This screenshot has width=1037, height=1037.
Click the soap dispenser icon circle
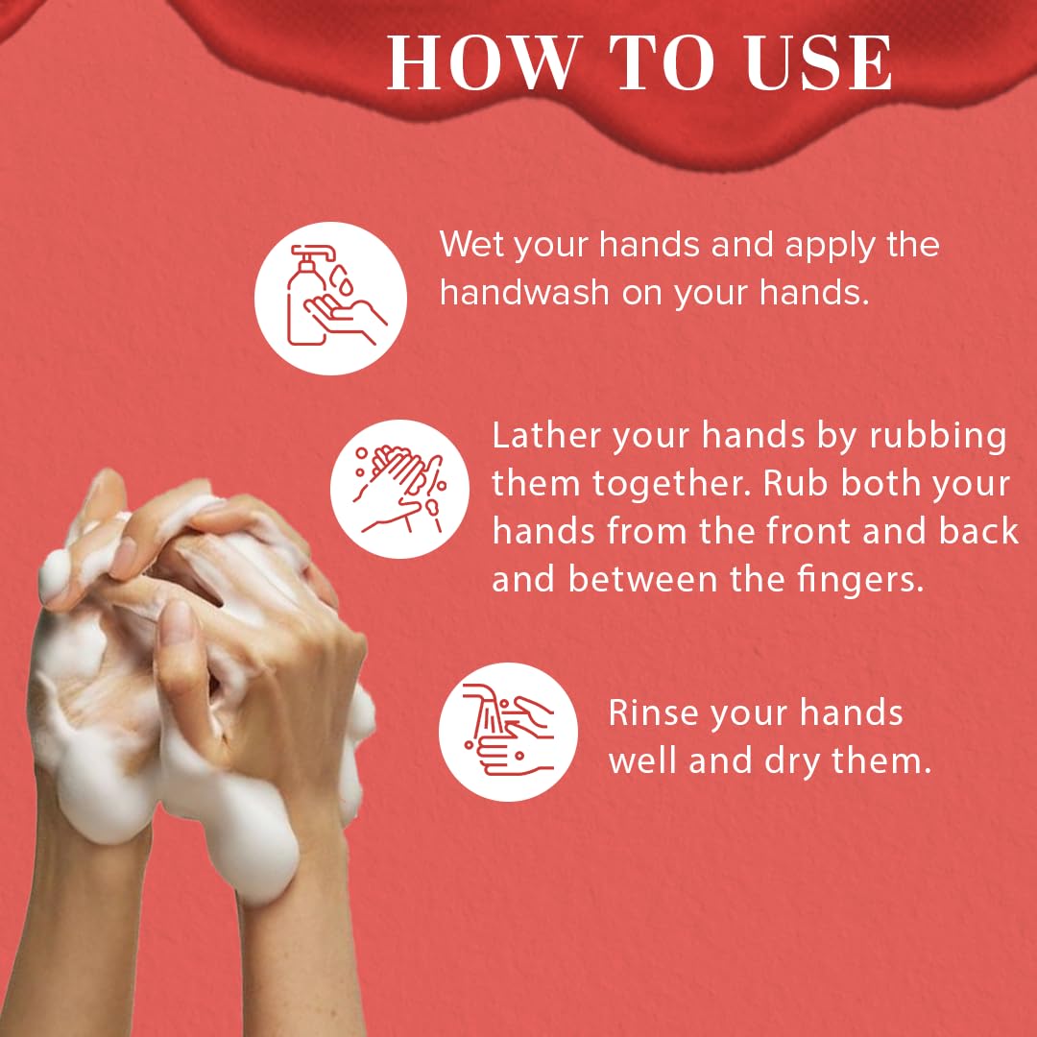click(x=330, y=298)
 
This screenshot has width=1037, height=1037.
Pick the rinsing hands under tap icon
click(x=509, y=732)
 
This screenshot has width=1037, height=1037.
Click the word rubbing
click(x=938, y=436)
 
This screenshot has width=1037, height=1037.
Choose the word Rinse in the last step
click(x=654, y=713)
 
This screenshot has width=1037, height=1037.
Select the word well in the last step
click(x=645, y=761)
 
